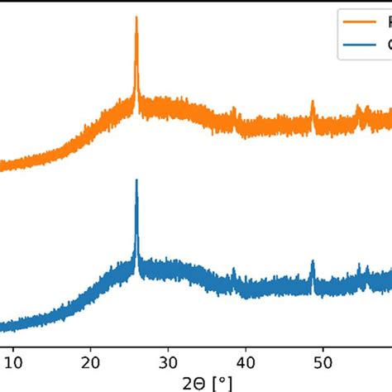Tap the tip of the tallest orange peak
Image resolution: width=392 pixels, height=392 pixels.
coord(136,17)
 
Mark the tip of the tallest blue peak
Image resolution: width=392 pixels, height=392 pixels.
coord(136,179)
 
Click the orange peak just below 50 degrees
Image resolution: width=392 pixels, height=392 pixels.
coord(313,101)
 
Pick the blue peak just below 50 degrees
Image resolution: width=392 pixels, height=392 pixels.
coord(313,261)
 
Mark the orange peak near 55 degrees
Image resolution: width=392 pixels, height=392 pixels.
coord(358,106)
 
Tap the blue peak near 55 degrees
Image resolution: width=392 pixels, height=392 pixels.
coord(359,265)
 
